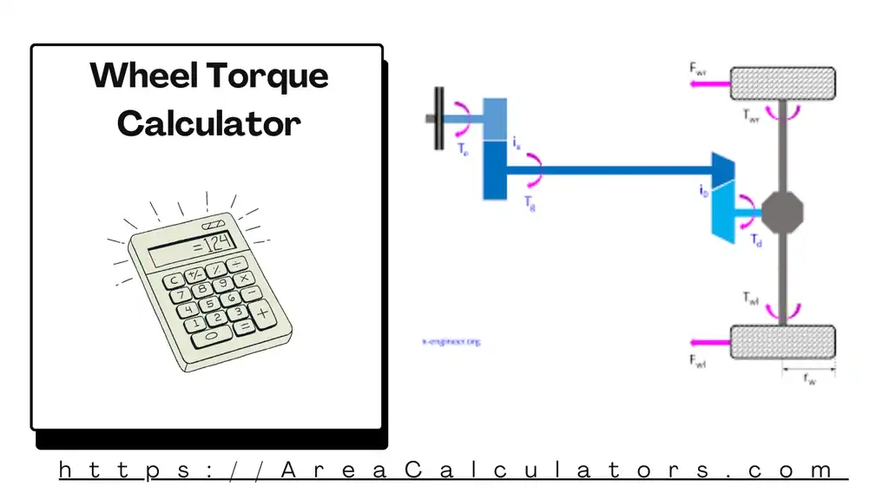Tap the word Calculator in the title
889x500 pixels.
[208, 123]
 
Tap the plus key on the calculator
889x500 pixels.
[263, 310]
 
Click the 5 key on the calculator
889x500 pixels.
[209, 305]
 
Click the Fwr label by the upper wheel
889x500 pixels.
[698, 67]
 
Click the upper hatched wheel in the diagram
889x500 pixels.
[781, 83]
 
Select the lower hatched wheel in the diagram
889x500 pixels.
[781, 341]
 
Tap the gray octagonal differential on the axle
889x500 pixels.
[782, 211]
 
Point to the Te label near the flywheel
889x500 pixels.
[463, 148]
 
